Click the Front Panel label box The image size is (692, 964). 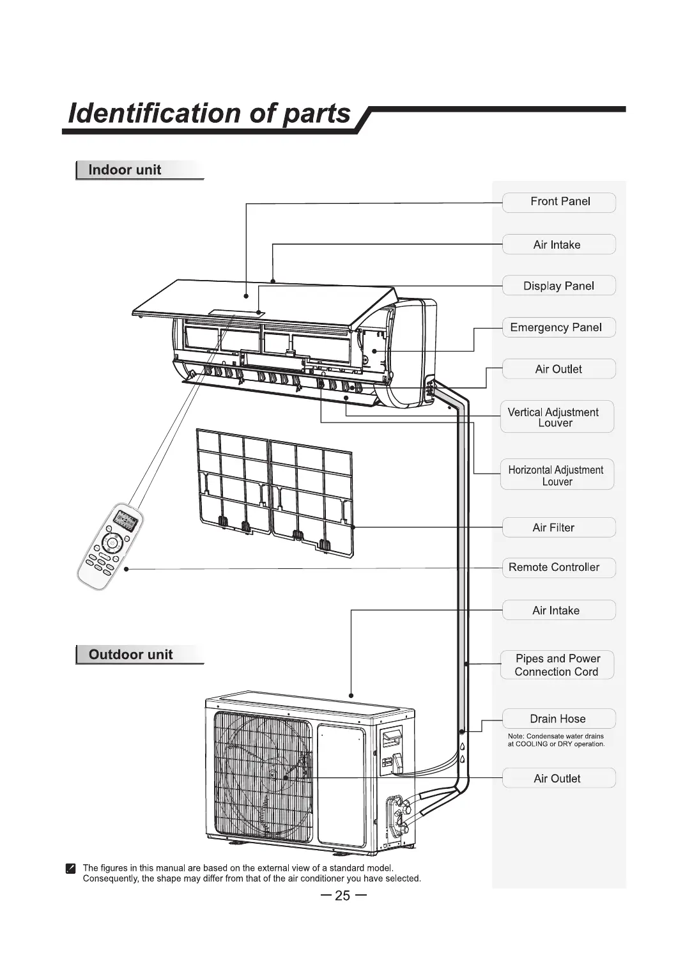pos(559,202)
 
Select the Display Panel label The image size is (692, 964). pos(559,286)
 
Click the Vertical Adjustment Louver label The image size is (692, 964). pos(557,417)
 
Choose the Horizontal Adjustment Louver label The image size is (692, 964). pos(557,475)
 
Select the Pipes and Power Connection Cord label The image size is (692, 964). pos(557,665)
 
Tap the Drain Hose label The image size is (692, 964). pos(558,719)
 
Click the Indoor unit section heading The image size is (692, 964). pos(125,170)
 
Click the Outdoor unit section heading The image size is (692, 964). pos(131,655)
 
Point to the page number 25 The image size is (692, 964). pos(343,896)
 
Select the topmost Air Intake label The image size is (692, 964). pos(558,245)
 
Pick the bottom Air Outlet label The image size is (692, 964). pos(558,779)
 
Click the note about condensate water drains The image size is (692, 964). pos(556,740)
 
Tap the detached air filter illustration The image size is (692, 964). pos(275,489)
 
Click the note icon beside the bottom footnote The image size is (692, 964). pos(71,868)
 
